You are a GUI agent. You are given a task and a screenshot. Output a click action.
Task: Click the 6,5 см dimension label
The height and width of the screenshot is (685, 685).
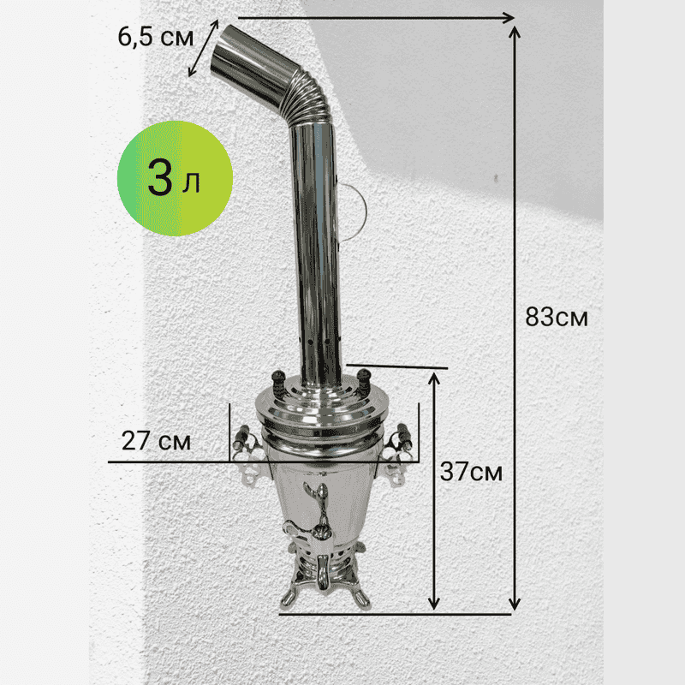point(156,37)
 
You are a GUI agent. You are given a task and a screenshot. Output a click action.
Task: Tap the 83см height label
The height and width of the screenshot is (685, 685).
point(557,317)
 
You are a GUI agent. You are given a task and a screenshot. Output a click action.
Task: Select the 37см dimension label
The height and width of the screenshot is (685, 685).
point(471,472)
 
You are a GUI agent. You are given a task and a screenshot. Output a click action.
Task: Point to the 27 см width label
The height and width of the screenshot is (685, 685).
point(156,441)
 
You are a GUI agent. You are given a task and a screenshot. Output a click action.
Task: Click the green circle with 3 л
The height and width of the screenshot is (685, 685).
point(175,178)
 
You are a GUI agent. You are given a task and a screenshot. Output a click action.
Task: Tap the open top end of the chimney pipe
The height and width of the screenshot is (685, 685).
point(222,51)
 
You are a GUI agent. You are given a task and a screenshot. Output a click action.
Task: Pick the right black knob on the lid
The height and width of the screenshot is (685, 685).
point(363,381)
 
